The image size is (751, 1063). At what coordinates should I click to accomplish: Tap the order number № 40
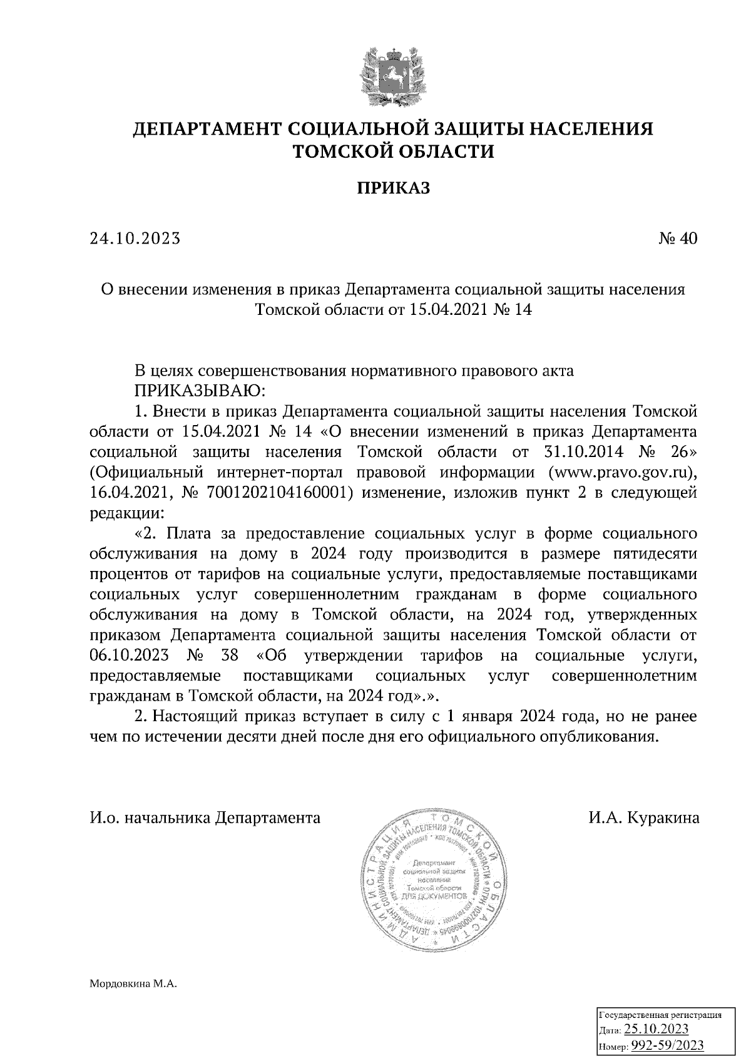click(x=678, y=239)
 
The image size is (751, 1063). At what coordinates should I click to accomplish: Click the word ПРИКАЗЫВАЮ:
click(x=200, y=391)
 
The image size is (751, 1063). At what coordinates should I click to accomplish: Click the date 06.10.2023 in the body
click(x=129, y=656)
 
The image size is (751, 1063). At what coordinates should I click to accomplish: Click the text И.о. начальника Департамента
click(x=205, y=818)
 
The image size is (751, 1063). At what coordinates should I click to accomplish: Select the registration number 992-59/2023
click(x=667, y=1045)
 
